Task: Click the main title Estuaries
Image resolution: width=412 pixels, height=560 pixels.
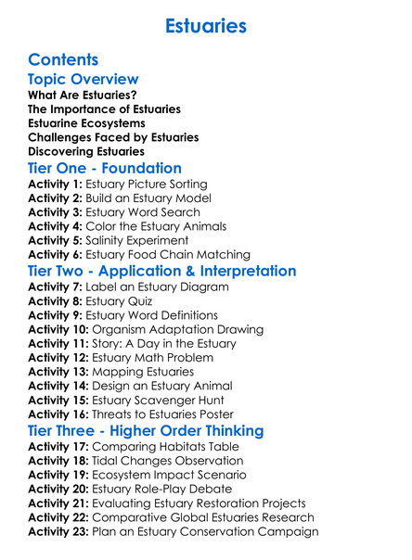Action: click(205, 25)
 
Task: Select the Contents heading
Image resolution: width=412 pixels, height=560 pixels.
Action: click(63, 60)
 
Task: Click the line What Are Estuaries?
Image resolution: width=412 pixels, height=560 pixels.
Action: click(83, 95)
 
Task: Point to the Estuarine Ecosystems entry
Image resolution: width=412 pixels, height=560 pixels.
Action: click(86, 123)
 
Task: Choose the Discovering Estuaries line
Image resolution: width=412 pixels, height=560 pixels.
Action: click(86, 151)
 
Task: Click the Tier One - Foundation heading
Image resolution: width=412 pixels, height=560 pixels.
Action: click(105, 169)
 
